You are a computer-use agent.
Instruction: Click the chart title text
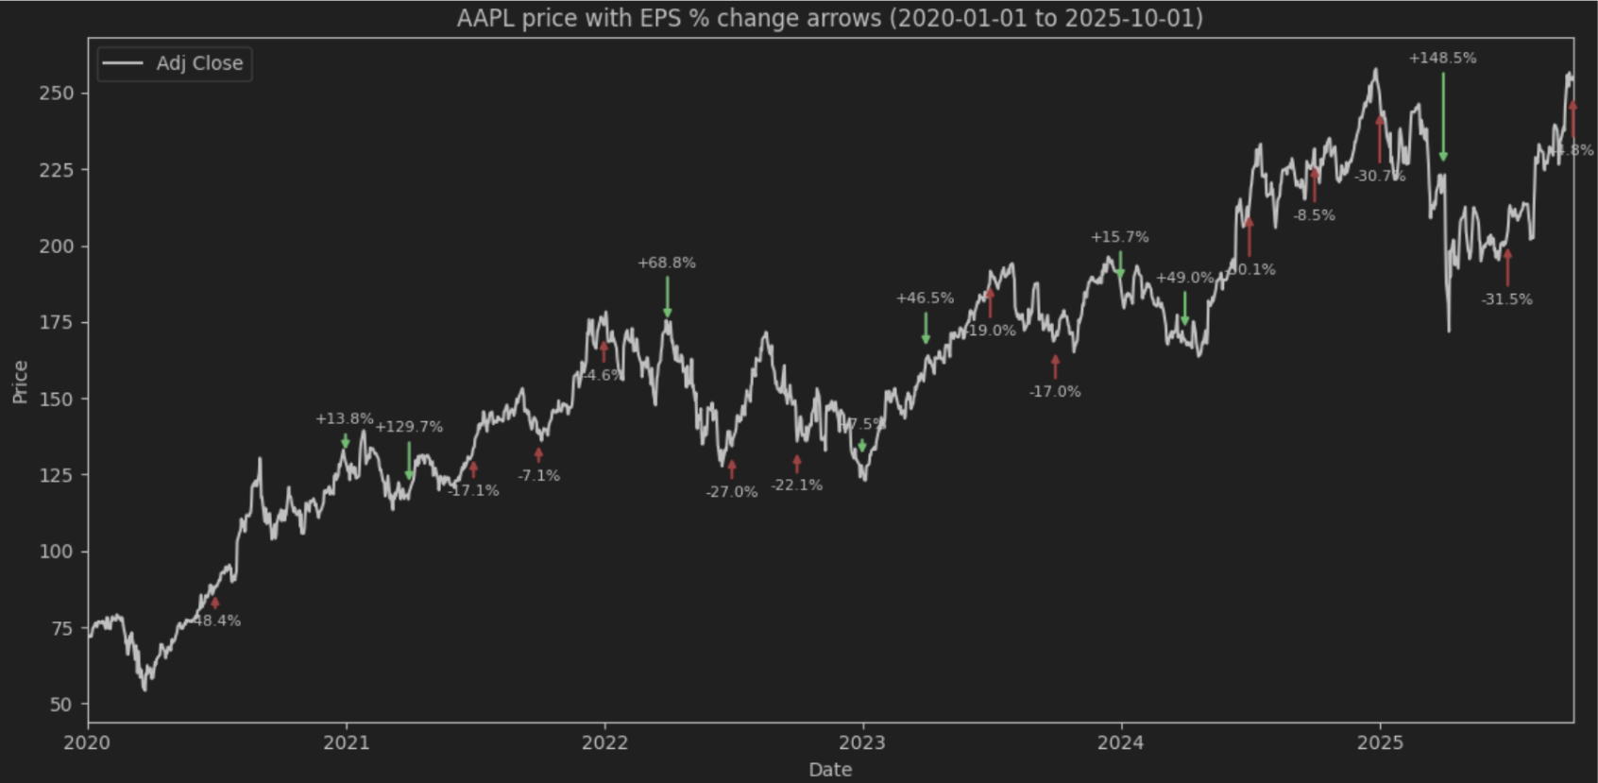pyautogui.click(x=829, y=18)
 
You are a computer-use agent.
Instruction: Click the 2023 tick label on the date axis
pyautogui.click(x=862, y=742)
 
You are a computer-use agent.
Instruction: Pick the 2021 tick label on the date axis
pyautogui.click(x=346, y=742)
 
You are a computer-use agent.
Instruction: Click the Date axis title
pyautogui.click(x=829, y=770)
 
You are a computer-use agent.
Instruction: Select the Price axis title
pyautogui.click(x=20, y=382)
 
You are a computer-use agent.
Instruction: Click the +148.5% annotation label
pyautogui.click(x=1442, y=58)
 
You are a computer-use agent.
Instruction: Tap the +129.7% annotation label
pyautogui.click(x=409, y=427)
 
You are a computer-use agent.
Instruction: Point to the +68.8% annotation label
pyautogui.click(x=667, y=263)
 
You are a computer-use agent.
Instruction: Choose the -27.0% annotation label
pyautogui.click(x=732, y=492)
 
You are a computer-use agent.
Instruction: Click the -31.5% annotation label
pyautogui.click(x=1507, y=299)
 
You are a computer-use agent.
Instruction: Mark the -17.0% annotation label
pyautogui.click(x=1055, y=391)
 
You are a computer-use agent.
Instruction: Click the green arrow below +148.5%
pyautogui.click(x=1443, y=117)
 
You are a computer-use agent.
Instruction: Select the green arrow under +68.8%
pyautogui.click(x=668, y=298)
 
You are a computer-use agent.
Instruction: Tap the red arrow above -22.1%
pyautogui.click(x=797, y=464)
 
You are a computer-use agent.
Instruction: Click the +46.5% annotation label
pyautogui.click(x=925, y=298)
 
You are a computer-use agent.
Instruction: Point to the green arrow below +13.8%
pyautogui.click(x=346, y=441)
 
